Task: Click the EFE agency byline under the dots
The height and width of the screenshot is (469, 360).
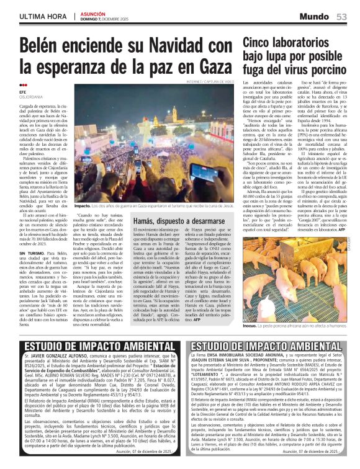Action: (x=23, y=92)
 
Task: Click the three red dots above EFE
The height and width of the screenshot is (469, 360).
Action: (x=23, y=86)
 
